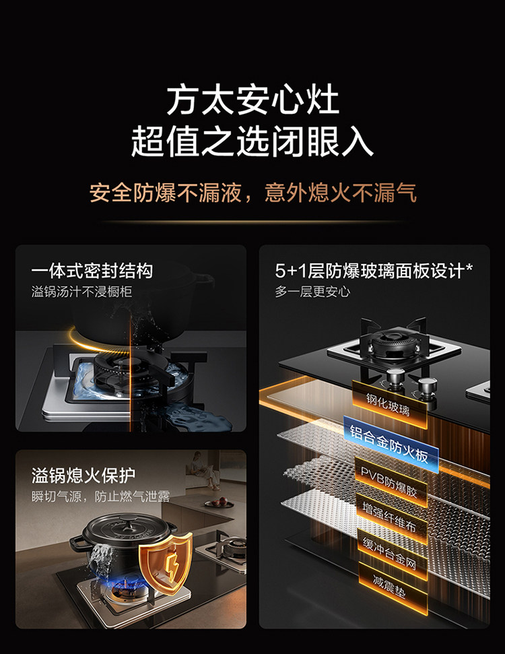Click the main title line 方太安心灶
click(x=252, y=100)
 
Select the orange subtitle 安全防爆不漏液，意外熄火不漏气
click(x=252, y=193)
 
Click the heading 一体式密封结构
click(x=92, y=271)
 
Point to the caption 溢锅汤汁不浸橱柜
click(x=81, y=292)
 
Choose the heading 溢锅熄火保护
click(x=83, y=475)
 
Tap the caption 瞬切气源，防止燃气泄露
click(x=100, y=496)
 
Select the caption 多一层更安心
click(x=312, y=292)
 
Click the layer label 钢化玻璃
click(x=389, y=405)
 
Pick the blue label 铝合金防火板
click(x=389, y=444)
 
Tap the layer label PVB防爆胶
click(x=389, y=482)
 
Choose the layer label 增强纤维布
click(x=389, y=518)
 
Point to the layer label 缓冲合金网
click(x=389, y=554)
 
